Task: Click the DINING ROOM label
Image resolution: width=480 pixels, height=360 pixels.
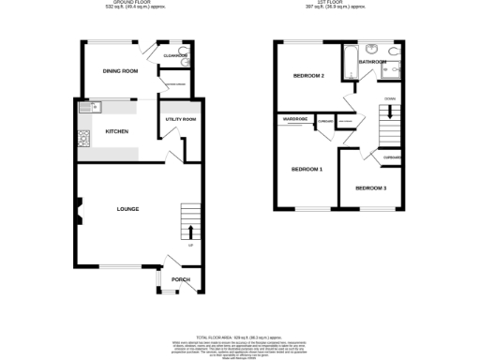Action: point(120,71)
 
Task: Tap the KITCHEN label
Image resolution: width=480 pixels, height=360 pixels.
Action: point(116,132)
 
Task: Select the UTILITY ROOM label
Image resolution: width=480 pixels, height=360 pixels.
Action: point(181,120)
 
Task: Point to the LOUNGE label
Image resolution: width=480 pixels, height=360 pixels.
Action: point(127,209)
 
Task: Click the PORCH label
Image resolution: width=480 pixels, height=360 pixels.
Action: point(180,280)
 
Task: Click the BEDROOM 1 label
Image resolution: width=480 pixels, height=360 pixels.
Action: point(307,170)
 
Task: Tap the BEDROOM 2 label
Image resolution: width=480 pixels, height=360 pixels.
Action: point(308,76)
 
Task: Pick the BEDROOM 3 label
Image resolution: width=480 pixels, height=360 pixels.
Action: point(370,188)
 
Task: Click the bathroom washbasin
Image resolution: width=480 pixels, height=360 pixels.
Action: point(371,49)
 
